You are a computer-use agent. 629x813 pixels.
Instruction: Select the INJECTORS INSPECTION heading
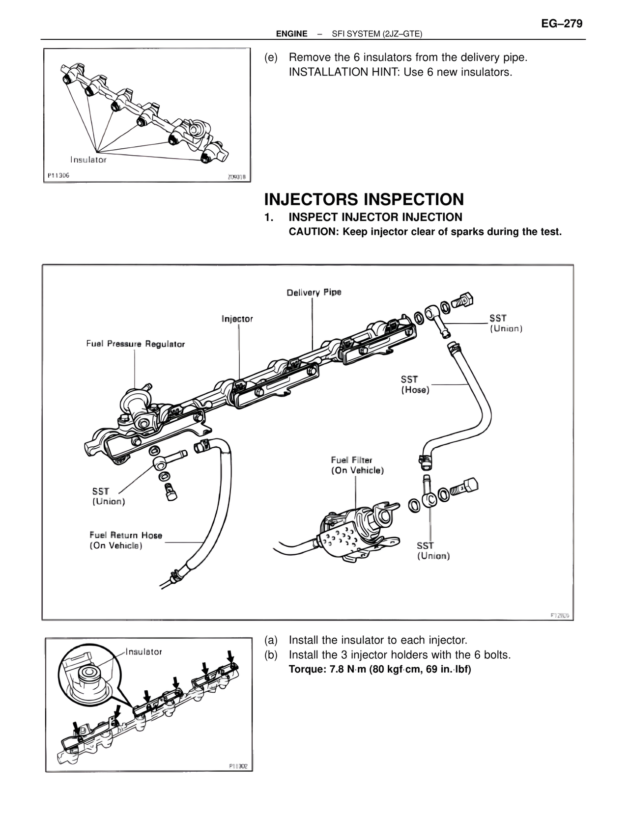point(364,199)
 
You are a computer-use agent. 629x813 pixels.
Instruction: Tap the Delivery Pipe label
point(314,293)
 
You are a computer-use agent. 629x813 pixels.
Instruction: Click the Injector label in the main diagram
point(237,319)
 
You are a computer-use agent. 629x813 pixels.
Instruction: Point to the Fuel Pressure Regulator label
point(136,344)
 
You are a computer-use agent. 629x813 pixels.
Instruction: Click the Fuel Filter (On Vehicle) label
point(357,465)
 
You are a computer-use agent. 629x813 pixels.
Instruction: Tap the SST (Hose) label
point(415,384)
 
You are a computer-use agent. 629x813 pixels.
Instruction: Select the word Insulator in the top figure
point(88,160)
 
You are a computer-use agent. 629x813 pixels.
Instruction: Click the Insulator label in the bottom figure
point(143,652)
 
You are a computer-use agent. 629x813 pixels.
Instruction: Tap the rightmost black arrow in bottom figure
point(230,656)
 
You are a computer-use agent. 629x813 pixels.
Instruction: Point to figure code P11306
point(58,175)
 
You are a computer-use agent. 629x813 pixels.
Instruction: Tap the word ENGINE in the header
point(291,34)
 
